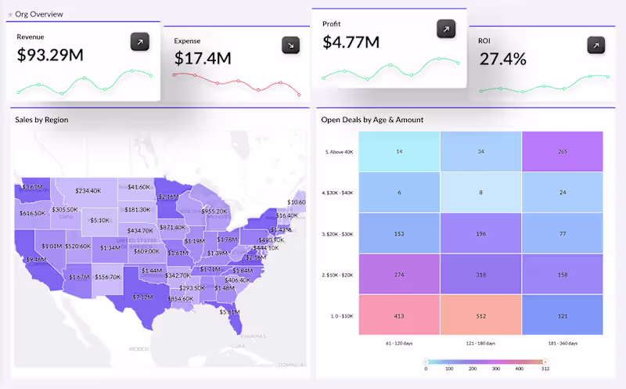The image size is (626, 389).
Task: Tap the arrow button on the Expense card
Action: (x=291, y=45)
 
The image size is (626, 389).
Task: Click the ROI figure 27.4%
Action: (x=503, y=59)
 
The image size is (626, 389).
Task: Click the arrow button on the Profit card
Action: (x=446, y=29)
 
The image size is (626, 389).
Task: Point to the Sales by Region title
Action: (x=41, y=120)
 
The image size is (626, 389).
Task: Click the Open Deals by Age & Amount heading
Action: (x=372, y=120)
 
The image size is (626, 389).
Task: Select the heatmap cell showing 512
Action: (x=480, y=315)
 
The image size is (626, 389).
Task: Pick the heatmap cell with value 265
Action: (x=562, y=150)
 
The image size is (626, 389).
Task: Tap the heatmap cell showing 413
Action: (x=399, y=315)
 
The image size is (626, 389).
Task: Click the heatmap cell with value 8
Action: (x=480, y=192)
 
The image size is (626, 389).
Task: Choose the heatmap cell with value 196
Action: (x=480, y=233)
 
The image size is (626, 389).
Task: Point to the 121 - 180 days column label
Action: (x=480, y=343)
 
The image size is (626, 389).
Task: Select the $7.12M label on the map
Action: (x=142, y=297)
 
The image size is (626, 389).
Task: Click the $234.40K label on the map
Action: (x=88, y=190)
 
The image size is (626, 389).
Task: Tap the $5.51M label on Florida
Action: (x=229, y=312)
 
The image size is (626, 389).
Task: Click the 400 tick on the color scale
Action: (x=518, y=367)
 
